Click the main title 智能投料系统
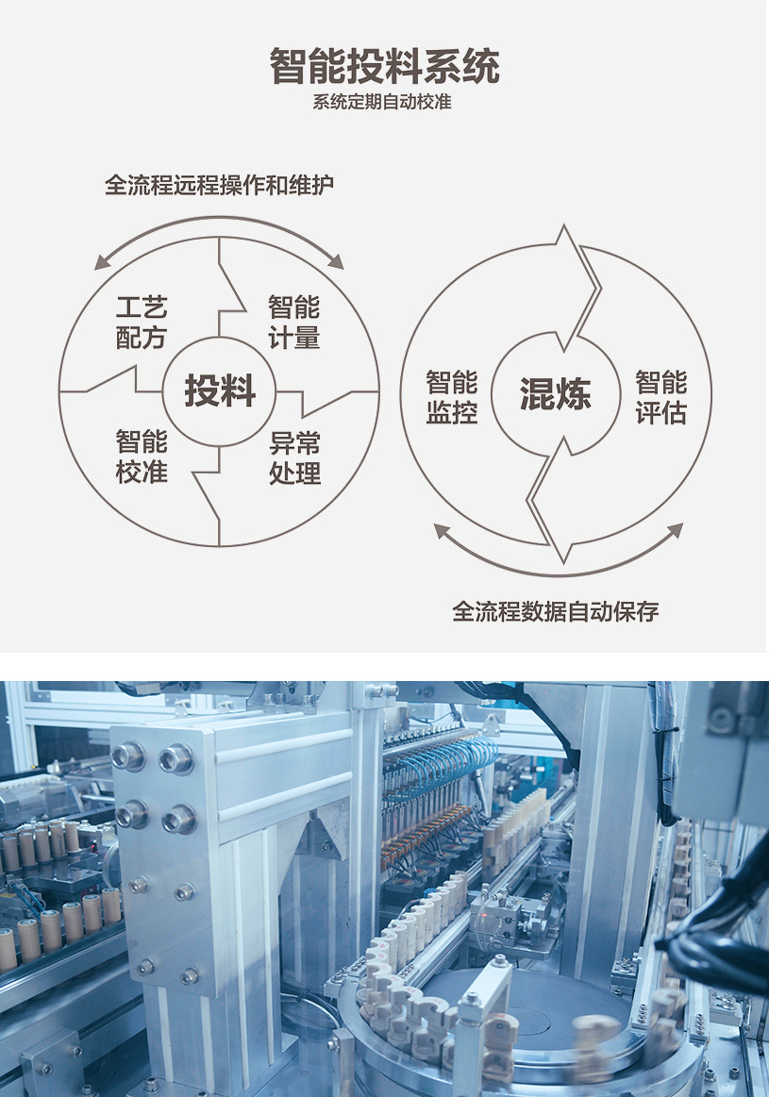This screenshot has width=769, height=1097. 384,67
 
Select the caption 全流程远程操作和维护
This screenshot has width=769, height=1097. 219,185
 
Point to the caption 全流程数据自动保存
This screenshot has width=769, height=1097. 555,611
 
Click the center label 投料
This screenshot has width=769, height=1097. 219,391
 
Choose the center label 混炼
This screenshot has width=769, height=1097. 555,394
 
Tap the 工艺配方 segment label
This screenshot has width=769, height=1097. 142,323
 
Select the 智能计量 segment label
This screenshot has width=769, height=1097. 293,323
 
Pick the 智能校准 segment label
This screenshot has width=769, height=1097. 142,457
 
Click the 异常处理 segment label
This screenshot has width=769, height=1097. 294,457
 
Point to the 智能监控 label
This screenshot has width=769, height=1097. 451,397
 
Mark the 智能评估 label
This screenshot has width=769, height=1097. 660,397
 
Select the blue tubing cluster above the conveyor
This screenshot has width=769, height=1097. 443,764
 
